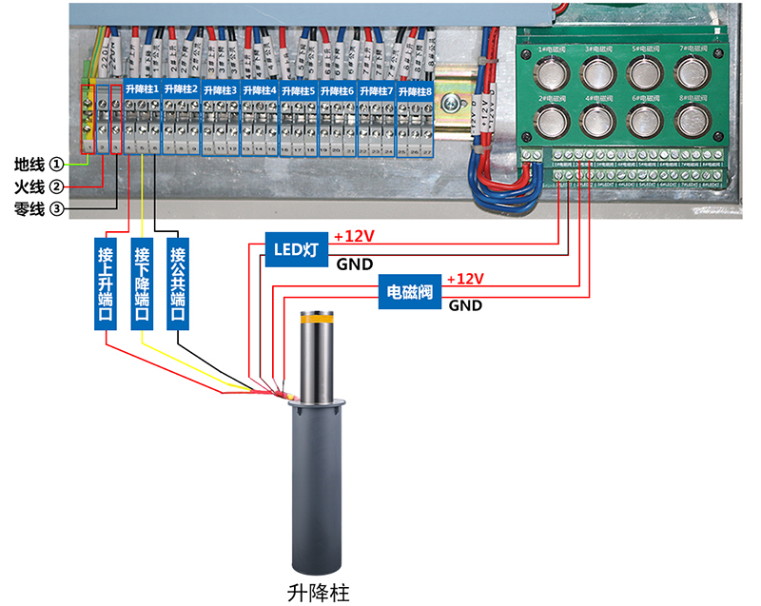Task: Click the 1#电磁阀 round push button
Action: [549, 73]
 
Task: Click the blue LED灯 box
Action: [296, 249]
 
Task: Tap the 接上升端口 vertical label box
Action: [106, 283]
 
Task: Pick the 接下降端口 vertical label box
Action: [142, 283]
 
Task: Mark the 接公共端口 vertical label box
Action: [177, 283]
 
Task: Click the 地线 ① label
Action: [39, 164]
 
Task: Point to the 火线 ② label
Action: [39, 186]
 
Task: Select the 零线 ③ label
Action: [39, 208]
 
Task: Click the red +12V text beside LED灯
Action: [354, 236]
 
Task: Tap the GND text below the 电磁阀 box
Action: [465, 305]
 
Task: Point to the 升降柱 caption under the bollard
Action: [318, 591]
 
